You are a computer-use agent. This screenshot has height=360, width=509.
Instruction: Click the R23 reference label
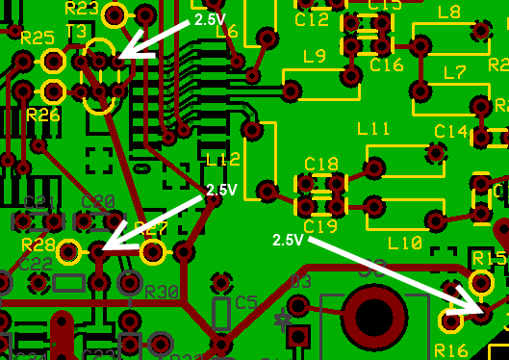[x=81, y=8]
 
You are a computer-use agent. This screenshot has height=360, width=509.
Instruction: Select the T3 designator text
[x=76, y=31]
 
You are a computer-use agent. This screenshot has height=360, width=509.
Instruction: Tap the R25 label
[x=37, y=38]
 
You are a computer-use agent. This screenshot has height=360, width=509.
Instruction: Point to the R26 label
[x=43, y=115]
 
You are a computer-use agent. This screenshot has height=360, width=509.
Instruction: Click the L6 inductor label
[x=227, y=32]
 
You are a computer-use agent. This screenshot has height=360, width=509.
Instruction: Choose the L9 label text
[x=315, y=56]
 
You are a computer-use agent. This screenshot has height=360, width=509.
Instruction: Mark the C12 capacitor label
[x=313, y=19]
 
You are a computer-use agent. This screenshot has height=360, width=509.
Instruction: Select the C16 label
[x=386, y=64]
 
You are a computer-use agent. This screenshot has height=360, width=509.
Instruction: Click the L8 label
[x=448, y=13]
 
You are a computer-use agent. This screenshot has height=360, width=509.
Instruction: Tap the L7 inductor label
[x=454, y=72]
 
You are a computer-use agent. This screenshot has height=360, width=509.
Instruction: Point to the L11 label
[x=373, y=129]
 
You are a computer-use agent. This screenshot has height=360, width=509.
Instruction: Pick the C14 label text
[x=450, y=131]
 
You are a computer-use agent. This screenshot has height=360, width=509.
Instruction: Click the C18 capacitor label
[x=320, y=165]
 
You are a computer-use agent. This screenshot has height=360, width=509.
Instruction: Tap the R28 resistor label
[x=38, y=244]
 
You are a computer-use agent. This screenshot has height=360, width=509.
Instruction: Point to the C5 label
[x=246, y=302]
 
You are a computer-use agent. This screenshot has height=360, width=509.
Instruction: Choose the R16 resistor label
[x=450, y=348]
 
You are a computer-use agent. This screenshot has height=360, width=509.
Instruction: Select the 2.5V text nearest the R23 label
[x=212, y=18]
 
